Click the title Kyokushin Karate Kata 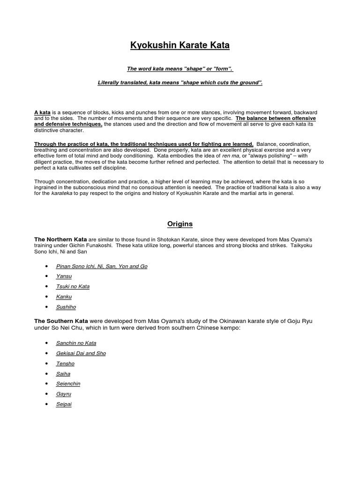(x=180, y=46)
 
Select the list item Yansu (x=64, y=277)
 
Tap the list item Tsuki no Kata (x=73, y=286)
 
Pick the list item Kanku (x=64, y=297)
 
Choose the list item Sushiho (x=66, y=307)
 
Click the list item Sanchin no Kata (x=76, y=343)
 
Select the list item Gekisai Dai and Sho (x=81, y=353)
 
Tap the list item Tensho (x=65, y=364)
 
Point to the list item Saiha (x=63, y=374)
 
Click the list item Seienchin (x=68, y=384)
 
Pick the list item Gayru (x=64, y=394)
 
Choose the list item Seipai (x=64, y=404)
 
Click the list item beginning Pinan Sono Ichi (x=101, y=266)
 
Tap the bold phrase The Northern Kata (x=60, y=240)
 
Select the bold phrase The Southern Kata (x=61, y=321)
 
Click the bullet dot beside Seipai (x=46, y=404)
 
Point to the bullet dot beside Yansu (x=46, y=277)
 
